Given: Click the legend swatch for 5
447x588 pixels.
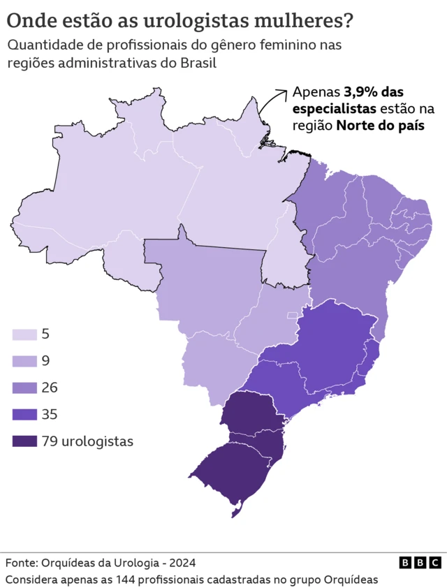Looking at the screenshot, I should tap(24, 334).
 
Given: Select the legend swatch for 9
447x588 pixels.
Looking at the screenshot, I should tap(24, 361).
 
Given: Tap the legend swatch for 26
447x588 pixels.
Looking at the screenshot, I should tap(24, 388).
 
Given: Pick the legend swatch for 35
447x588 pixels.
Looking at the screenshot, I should tap(24, 414).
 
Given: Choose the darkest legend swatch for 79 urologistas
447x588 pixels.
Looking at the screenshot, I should tap(24, 441).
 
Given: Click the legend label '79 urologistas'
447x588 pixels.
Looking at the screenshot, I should tap(87, 441).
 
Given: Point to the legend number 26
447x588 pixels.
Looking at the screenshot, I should tap(50, 388).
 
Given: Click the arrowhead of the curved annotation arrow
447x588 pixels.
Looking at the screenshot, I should tap(284, 91).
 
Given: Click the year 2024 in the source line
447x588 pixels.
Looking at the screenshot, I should tap(182, 563).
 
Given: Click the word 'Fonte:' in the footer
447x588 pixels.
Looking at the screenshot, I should tap(22, 563).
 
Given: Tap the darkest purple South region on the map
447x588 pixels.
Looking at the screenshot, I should tap(241, 454).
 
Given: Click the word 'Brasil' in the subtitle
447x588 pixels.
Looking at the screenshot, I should tap(199, 63).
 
